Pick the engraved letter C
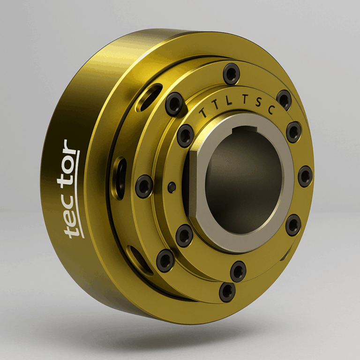pos(271,110)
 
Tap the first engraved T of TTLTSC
pos(203,112)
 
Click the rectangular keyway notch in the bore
pos(244,129)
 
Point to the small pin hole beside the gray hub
pos(172,187)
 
